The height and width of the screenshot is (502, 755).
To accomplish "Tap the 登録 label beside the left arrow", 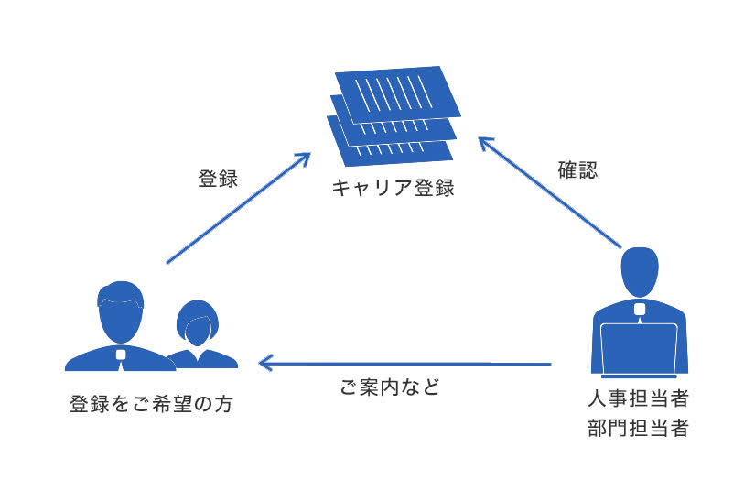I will coord(218,179).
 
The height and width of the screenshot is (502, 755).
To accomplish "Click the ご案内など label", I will coord(390,388).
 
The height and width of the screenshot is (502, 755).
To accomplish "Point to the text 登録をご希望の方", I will coord(150,404).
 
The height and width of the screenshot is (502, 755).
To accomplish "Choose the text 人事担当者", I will coord(638,400).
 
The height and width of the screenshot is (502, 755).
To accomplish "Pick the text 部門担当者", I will coord(638,428).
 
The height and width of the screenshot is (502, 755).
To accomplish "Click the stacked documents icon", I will coord(394,114).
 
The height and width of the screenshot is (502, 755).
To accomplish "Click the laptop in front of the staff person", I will coord(639,348).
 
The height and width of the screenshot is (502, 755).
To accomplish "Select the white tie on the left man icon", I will coord(120,356).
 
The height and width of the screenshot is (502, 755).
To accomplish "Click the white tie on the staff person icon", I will coord(639,310).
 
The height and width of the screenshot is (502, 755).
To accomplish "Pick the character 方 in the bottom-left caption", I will coord(221,404).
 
